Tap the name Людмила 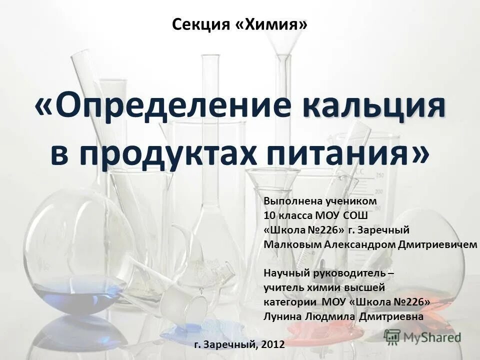click(x=323, y=316)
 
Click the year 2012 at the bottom click(x=272, y=344)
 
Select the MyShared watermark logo click(x=422, y=337)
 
